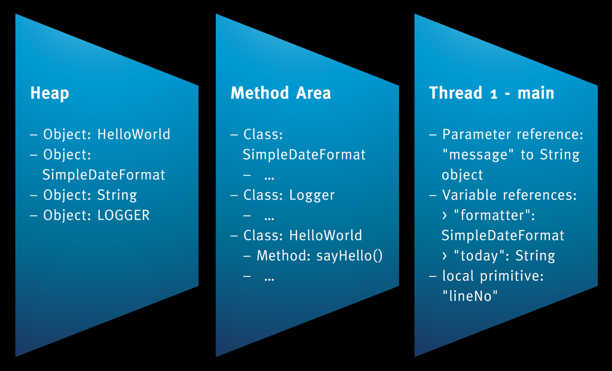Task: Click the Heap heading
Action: (50, 93)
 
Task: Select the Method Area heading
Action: (281, 93)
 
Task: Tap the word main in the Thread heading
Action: (535, 93)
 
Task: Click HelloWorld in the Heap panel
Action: (134, 134)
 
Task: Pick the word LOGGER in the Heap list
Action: (123, 215)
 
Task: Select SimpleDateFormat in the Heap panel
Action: (104, 175)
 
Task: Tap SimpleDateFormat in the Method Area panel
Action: (304, 155)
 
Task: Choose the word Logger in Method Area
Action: (312, 195)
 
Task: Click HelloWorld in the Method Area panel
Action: (326, 235)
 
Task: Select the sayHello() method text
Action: (350, 256)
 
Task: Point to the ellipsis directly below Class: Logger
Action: (269, 217)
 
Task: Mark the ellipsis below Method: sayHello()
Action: (269, 278)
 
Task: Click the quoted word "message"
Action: (478, 155)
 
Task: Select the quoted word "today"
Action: (483, 256)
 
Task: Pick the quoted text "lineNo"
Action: (470, 296)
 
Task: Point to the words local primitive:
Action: (493, 276)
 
